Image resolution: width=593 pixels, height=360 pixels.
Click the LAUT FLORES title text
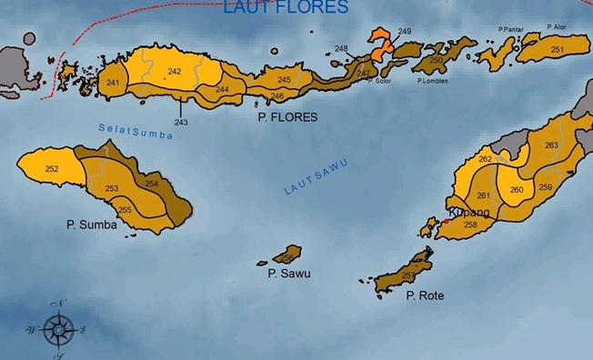[x=286, y=8]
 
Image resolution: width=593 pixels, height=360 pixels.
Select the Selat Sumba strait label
[x=136, y=129]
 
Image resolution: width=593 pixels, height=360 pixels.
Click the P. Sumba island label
[x=91, y=224]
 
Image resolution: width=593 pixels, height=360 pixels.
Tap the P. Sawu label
[x=288, y=273]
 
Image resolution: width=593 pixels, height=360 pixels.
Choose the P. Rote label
[x=425, y=295]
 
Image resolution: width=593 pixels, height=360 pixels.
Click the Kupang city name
[x=470, y=213]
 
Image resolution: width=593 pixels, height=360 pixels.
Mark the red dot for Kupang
[x=447, y=220]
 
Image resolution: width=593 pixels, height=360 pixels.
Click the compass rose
[x=59, y=326]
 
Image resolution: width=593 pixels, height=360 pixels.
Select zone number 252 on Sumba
[x=52, y=168]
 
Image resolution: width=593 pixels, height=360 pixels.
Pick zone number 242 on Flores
[x=174, y=71]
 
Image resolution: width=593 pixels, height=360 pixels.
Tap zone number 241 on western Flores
[x=112, y=83]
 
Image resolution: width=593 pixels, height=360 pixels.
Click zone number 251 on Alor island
[x=557, y=49]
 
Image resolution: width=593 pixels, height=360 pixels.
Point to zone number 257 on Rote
[x=407, y=275]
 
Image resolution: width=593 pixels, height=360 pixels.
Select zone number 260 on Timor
[x=517, y=190]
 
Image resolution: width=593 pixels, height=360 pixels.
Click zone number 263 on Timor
[x=551, y=145]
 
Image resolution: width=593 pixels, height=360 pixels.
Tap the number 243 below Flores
[x=181, y=122]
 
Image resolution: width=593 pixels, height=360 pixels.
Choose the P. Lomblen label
[x=431, y=81]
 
